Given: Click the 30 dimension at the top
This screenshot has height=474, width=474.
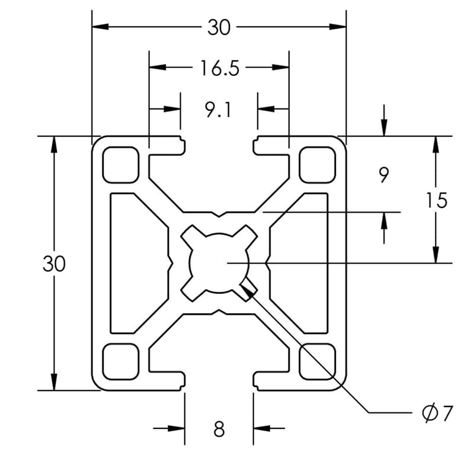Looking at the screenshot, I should coord(219,27).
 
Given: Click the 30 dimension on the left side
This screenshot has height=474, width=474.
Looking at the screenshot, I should coord(54,264).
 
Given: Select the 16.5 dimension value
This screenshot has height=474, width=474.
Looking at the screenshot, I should coord(219,69).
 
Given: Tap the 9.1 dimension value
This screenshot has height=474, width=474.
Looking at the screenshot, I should coord(219,110).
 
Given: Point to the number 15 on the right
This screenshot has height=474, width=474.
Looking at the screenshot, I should coord(436,200).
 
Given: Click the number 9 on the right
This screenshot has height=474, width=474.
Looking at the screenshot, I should coord(383,175).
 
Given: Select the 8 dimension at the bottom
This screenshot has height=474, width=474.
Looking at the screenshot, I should coord(219,428).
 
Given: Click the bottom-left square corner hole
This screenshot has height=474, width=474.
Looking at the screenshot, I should coord(121,361).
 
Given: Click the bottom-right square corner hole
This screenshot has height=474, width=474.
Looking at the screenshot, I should coord(317,361).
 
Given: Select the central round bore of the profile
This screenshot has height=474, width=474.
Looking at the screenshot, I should coord(219,262).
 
